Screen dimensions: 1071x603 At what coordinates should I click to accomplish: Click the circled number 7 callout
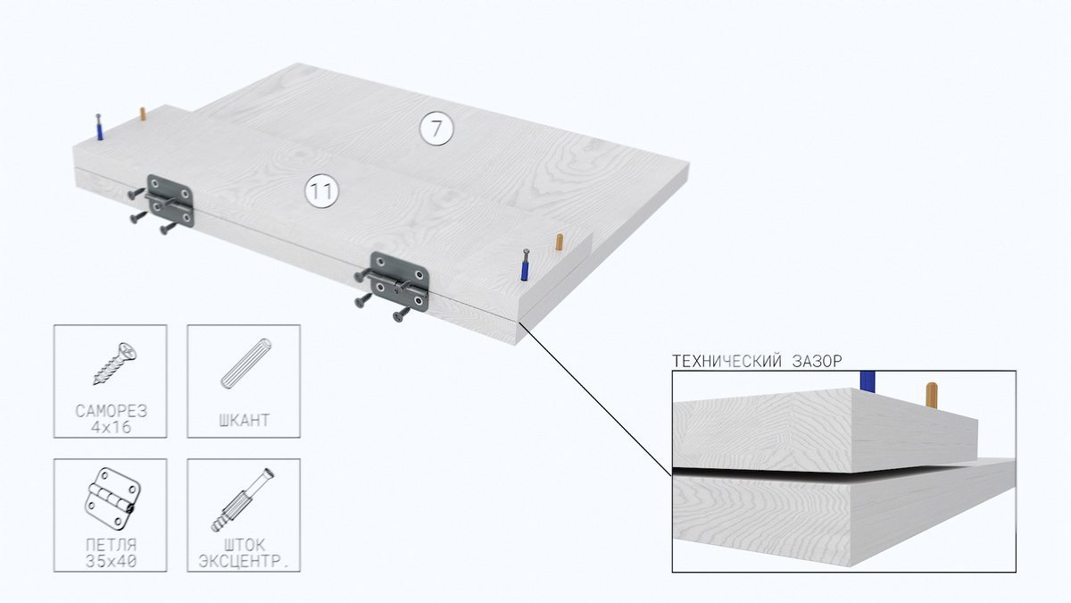(436, 129)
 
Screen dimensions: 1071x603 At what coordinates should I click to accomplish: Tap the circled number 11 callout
(322, 191)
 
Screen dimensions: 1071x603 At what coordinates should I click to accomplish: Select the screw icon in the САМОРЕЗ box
(115, 364)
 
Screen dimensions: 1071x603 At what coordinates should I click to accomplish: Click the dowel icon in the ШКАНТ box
(246, 364)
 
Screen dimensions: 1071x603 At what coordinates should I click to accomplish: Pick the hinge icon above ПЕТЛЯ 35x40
(112, 498)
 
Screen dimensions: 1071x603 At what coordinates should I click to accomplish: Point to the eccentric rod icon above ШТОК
(243, 499)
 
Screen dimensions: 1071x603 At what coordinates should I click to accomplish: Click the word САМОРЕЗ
(111, 411)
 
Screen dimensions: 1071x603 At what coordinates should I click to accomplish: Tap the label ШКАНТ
(244, 420)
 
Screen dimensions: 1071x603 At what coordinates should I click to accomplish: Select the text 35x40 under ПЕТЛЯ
(111, 561)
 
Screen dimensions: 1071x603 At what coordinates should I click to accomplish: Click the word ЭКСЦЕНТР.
(244, 561)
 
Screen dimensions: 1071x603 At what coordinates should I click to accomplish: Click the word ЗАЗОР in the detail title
(818, 361)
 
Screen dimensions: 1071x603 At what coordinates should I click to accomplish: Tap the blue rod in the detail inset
(868, 381)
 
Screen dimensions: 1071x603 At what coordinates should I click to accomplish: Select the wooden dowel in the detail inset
(932, 395)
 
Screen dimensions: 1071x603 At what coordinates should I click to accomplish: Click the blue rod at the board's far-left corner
(99, 127)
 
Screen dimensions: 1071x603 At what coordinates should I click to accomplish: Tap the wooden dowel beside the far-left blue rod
(143, 114)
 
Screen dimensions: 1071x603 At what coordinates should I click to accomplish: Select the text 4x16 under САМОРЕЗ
(111, 427)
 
